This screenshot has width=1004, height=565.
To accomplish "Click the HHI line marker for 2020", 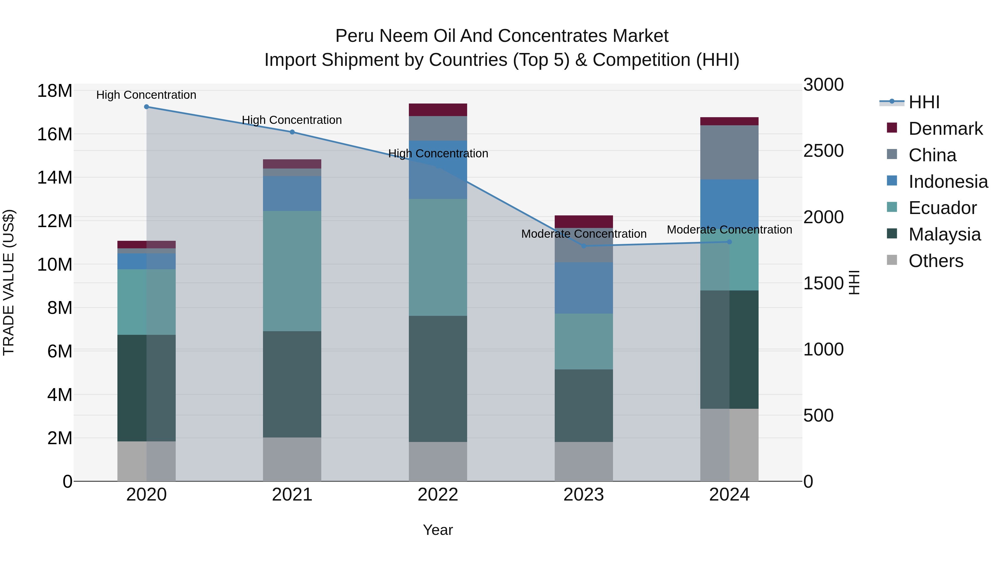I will [146, 107].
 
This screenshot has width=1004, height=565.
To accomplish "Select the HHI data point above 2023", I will [583, 246].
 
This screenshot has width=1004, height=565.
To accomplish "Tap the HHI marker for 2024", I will [730, 242].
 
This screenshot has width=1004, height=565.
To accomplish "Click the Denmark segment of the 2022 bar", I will [438, 110].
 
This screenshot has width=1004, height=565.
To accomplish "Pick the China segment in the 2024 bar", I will [729, 152].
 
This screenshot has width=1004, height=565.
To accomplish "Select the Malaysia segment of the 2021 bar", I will [292, 384].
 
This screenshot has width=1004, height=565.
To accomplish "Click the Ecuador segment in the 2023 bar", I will [583, 342].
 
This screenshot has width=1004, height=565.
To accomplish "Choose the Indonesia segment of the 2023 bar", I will [583, 288].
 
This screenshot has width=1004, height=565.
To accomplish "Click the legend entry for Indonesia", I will [948, 182].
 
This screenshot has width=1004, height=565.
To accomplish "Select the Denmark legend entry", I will [945, 129].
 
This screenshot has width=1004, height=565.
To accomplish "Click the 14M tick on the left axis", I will [55, 178].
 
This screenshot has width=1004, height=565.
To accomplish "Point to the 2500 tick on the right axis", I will [823, 151].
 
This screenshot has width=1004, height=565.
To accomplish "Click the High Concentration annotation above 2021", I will [292, 120].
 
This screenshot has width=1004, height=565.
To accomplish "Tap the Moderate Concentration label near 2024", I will [729, 230].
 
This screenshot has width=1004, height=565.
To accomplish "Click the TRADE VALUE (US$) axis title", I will [9, 282].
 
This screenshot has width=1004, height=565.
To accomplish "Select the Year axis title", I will [438, 530].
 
